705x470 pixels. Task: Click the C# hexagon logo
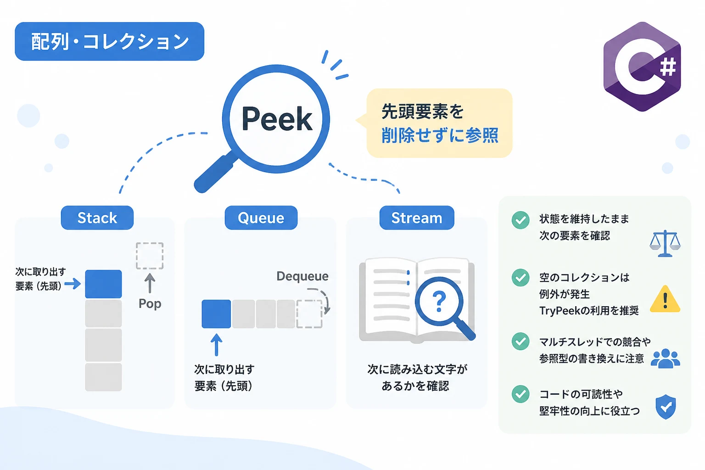[642, 67]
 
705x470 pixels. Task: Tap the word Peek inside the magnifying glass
[277, 119]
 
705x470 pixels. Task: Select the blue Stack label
[97, 218]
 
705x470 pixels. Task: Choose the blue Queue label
[261, 218]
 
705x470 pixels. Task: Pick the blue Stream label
[417, 218]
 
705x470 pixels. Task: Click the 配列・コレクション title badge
[110, 41]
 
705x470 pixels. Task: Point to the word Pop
[150, 304]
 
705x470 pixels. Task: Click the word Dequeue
[302, 276]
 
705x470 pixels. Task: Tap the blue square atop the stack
[103, 284]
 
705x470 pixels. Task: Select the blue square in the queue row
[216, 314]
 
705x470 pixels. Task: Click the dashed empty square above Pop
[150, 256]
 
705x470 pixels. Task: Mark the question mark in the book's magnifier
[439, 302]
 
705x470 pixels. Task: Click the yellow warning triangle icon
[665, 299]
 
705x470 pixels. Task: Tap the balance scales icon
[665, 243]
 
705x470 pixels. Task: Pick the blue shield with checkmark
[666, 407]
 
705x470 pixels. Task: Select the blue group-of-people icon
[666, 358]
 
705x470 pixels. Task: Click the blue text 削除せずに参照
[440, 135]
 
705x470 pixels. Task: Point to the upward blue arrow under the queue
[216, 345]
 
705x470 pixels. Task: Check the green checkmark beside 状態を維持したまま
[520, 220]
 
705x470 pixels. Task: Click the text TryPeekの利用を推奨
[589, 311]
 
